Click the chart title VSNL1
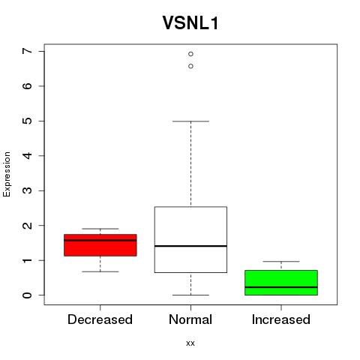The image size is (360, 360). (x=190, y=23)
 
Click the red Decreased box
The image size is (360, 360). (x=100, y=245)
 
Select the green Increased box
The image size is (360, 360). (x=281, y=283)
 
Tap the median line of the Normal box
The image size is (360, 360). (x=190, y=246)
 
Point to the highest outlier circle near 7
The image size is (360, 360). (x=190, y=54)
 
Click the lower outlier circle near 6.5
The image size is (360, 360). (x=190, y=66)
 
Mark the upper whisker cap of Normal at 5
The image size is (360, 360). (x=190, y=121)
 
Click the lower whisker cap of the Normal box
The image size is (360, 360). (x=190, y=295)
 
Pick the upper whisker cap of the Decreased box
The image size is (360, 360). (x=100, y=229)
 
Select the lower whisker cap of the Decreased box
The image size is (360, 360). (x=100, y=271)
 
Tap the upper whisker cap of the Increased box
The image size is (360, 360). (x=281, y=262)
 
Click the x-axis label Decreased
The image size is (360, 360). (x=100, y=319)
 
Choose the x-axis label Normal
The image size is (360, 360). (x=190, y=319)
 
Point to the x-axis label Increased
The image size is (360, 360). (x=281, y=319)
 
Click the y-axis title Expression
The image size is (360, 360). (x=7, y=174)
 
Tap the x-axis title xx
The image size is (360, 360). (x=190, y=343)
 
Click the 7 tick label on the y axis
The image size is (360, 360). (x=28, y=51)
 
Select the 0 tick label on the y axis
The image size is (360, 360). (x=28, y=295)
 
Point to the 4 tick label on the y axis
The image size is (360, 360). (x=28, y=156)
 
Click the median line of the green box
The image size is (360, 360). (x=281, y=287)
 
